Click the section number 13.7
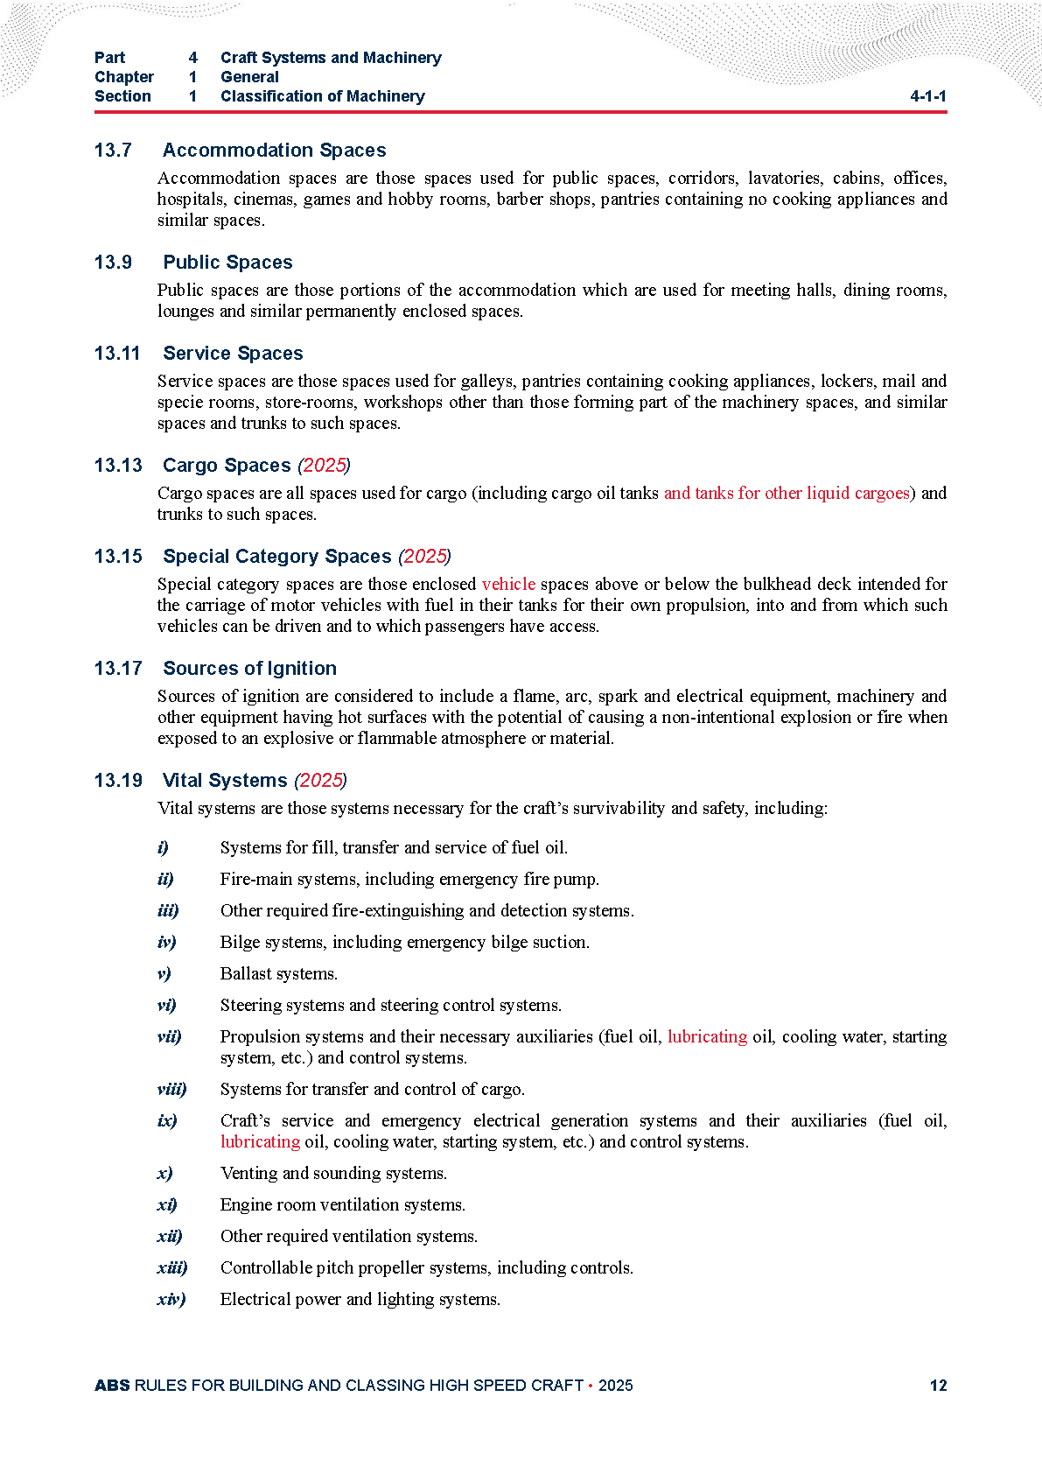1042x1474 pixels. click(113, 151)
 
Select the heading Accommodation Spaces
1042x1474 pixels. click(274, 151)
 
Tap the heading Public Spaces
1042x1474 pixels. click(227, 263)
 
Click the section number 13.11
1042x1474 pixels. click(117, 354)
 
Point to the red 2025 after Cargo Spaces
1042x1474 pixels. click(324, 466)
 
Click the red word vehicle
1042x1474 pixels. click(508, 584)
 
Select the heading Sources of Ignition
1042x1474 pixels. click(249, 669)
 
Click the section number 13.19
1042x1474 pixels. click(118, 781)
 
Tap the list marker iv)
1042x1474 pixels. click(166, 943)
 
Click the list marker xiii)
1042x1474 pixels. click(171, 1268)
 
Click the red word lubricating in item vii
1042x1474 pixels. click(707, 1037)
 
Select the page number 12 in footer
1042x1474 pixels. click(938, 1386)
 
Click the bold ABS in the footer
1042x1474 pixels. click(112, 1386)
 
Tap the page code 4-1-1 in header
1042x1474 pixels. click(927, 96)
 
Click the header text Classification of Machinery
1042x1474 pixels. click(322, 96)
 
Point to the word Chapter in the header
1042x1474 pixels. click(124, 77)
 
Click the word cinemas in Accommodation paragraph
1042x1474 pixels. click(264, 200)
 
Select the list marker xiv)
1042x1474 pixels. click(171, 1300)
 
